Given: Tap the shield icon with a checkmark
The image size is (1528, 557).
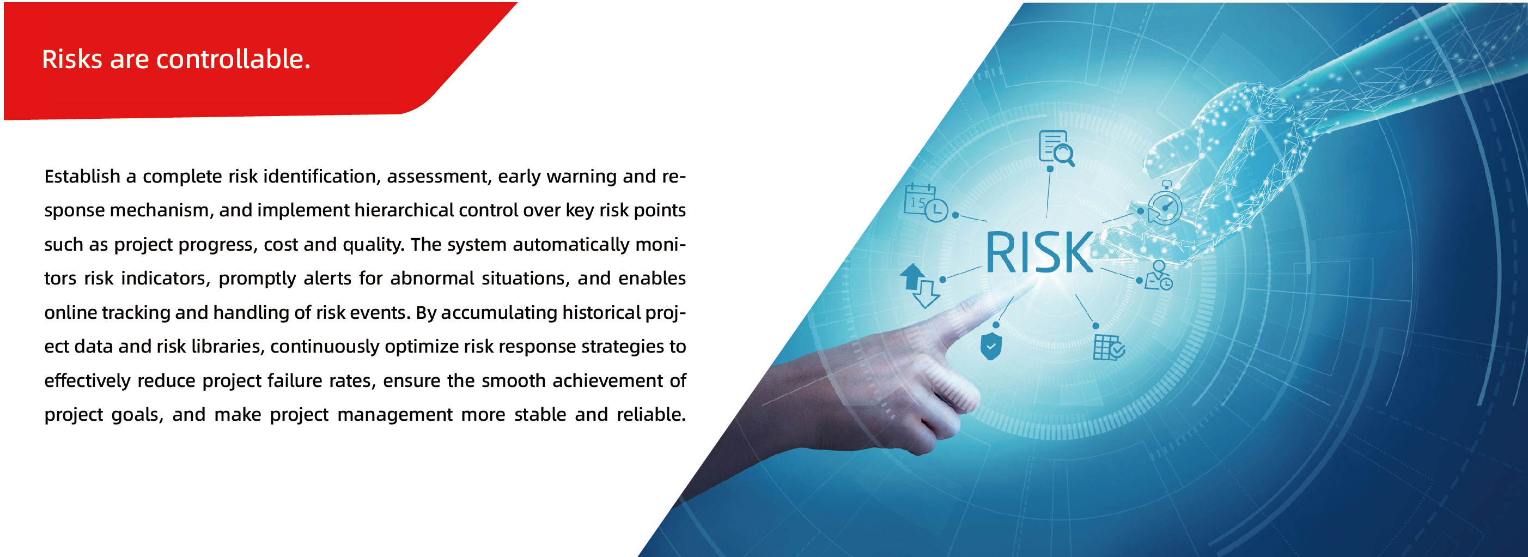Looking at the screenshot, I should [990, 347].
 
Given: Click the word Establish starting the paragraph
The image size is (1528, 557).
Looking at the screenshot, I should [82, 176].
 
